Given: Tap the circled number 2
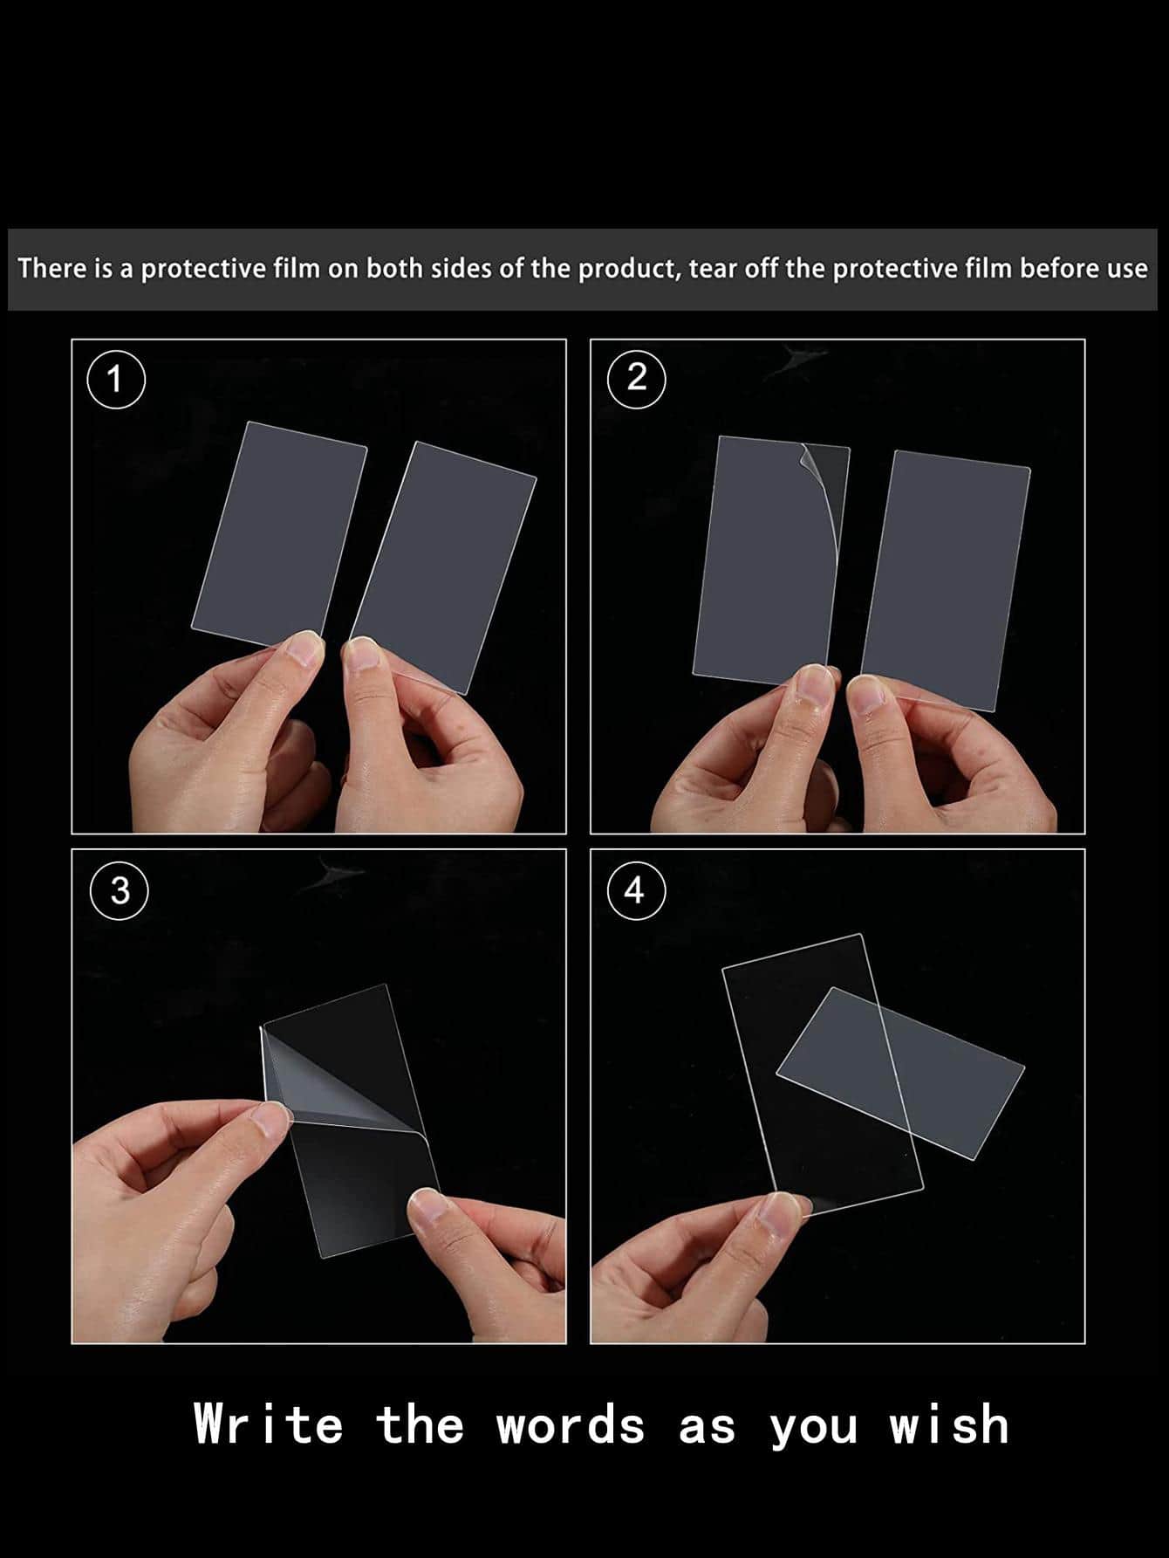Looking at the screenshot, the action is tap(637, 378).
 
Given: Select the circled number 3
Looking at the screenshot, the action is tap(120, 890).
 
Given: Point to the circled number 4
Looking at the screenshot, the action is tap(637, 890).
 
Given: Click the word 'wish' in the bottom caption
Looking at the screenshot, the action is tap(949, 1425).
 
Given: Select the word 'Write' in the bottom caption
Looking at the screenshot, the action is tap(269, 1425).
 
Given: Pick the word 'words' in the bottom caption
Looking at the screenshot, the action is tap(571, 1425).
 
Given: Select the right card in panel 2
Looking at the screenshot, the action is tap(946, 580).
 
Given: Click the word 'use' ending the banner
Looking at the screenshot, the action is tap(1127, 269).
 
